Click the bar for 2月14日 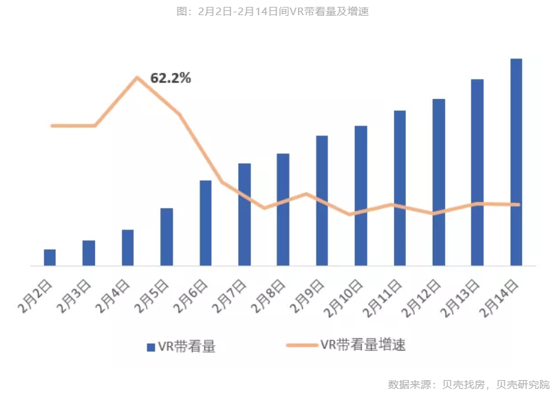(516, 162)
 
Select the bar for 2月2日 (50, 257)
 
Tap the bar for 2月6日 (205, 223)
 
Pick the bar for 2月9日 (322, 201)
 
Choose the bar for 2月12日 (438, 182)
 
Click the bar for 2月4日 (127, 247)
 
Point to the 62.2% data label (171, 78)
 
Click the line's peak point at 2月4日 (138, 78)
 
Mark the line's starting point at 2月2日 (52, 126)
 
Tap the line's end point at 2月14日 (518, 204)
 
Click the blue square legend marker (151, 347)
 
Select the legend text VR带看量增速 (363, 345)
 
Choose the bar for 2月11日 (400, 188)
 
